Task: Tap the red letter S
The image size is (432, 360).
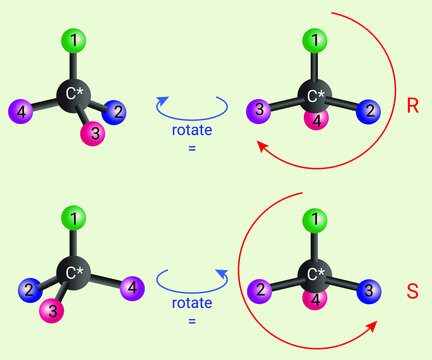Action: [x=412, y=292]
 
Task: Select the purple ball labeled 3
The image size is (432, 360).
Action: [x=258, y=110]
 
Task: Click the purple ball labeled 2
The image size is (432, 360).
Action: [x=258, y=291]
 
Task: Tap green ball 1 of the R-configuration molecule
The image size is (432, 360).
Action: [x=315, y=41]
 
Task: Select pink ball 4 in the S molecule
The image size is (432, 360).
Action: [x=316, y=300]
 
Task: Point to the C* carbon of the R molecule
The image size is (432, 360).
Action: [x=315, y=95]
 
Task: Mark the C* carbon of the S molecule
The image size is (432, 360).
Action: [x=315, y=274]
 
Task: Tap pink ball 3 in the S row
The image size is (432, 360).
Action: [x=49, y=312]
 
